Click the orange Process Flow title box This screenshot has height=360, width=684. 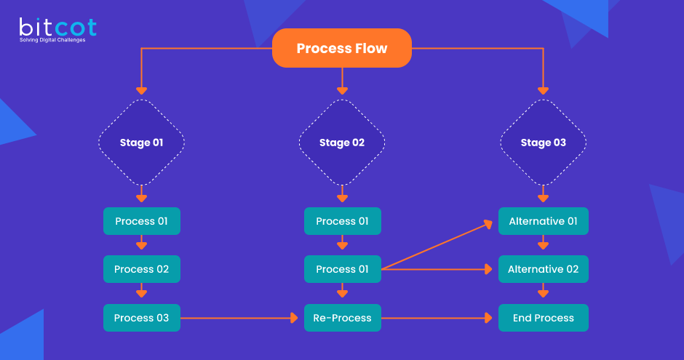pyautogui.click(x=341, y=49)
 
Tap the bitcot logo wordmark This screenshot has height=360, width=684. pyautogui.click(x=57, y=28)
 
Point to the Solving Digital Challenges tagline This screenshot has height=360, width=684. pyautogui.click(x=52, y=40)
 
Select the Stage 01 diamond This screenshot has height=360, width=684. pyautogui.click(x=141, y=143)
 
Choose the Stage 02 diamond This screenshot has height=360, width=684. pyautogui.click(x=342, y=143)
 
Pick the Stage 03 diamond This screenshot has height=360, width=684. pyautogui.click(x=543, y=143)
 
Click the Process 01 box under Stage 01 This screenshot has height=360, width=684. pyautogui.click(x=141, y=221)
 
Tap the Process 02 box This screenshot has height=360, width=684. pyautogui.click(x=141, y=269)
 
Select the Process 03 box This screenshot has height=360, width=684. pyautogui.click(x=141, y=318)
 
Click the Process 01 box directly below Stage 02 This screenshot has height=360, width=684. pyautogui.click(x=342, y=221)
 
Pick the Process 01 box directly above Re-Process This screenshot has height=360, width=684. pyautogui.click(x=342, y=269)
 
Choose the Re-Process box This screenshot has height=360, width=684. pyautogui.click(x=342, y=318)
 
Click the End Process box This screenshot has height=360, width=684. pyautogui.click(x=543, y=318)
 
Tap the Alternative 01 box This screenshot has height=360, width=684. pyautogui.click(x=543, y=221)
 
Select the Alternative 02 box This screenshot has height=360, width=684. pyautogui.click(x=543, y=269)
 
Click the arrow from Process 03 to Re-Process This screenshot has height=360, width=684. pyautogui.click(x=240, y=318)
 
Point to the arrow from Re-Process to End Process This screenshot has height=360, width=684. pyautogui.click(x=437, y=318)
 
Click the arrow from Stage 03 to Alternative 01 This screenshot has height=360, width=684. pyautogui.click(x=543, y=195)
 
